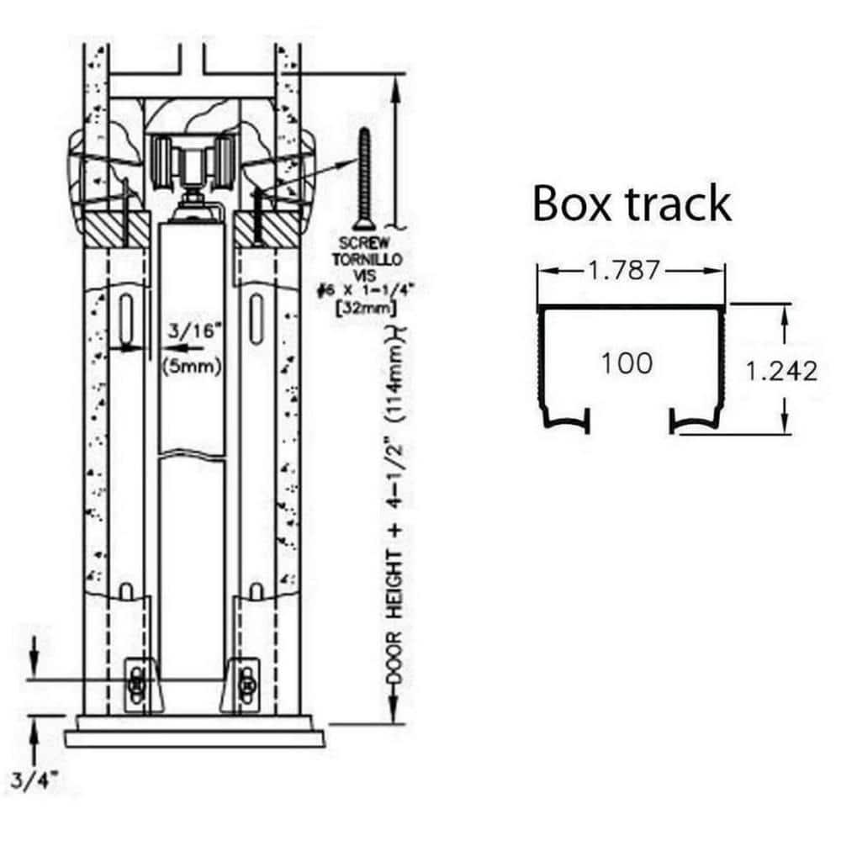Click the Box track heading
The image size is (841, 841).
(632, 204)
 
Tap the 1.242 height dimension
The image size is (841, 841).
(781, 371)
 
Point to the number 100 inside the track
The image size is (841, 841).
(627, 363)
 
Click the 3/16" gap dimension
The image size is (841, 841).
(193, 331)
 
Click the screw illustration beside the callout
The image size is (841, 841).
(363, 177)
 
